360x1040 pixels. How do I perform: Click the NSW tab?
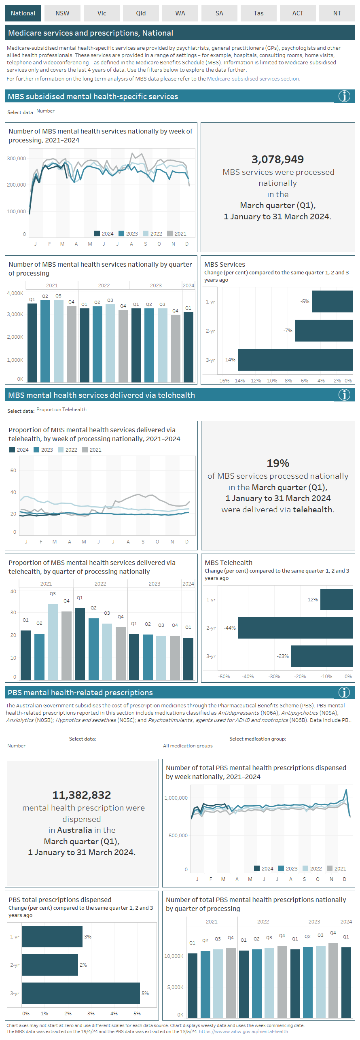click(x=62, y=13)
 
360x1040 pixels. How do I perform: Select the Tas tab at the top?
click(x=258, y=13)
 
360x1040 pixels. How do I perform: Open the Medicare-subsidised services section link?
click(x=253, y=79)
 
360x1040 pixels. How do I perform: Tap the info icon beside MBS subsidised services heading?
click(x=344, y=96)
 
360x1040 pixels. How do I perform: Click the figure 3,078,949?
click(x=277, y=159)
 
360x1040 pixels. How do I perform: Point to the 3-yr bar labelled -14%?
click(x=295, y=360)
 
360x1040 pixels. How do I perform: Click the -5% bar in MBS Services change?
click(x=332, y=301)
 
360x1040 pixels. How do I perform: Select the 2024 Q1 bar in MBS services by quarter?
click(x=188, y=347)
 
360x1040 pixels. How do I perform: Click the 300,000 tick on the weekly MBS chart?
click(x=16, y=159)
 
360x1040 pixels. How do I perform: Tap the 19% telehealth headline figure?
click(x=278, y=463)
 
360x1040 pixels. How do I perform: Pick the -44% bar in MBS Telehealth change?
click(x=295, y=628)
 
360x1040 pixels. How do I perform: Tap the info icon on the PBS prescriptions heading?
click(x=344, y=692)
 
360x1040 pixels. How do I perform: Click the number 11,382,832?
click(x=82, y=795)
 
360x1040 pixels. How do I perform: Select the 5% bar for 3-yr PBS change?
click(x=80, y=993)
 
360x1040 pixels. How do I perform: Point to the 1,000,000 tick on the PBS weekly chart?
click(x=176, y=798)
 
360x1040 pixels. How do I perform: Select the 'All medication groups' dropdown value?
click(x=188, y=746)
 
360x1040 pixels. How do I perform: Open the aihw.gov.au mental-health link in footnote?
click(x=244, y=1032)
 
